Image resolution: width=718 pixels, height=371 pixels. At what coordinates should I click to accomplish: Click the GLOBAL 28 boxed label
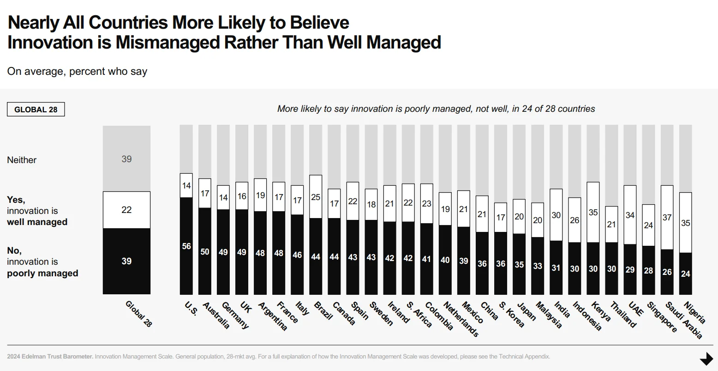36,109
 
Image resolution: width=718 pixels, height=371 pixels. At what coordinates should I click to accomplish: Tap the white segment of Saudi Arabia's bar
667,217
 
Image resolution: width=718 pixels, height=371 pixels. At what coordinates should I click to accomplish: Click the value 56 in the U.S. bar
186,246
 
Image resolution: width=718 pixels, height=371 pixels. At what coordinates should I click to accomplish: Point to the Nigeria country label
694,313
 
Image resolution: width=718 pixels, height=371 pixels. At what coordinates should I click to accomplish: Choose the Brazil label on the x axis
323,310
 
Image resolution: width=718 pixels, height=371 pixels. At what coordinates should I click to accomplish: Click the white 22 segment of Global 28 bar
126,210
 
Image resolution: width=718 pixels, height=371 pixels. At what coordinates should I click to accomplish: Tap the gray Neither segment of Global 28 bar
126,158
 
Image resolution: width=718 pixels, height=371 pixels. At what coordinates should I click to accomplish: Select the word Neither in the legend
22,160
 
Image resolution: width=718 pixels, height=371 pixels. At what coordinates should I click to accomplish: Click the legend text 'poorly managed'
42,273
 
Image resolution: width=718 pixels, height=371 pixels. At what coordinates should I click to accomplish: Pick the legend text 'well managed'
37,222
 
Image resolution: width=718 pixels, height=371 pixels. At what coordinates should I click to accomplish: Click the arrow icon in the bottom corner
706,359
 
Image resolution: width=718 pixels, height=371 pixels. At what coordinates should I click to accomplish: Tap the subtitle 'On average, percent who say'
77,71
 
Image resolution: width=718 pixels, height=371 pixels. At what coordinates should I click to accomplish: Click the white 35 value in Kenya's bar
593,213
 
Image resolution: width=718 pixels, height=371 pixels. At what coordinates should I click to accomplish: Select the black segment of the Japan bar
519,264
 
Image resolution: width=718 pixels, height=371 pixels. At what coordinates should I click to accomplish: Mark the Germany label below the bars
235,316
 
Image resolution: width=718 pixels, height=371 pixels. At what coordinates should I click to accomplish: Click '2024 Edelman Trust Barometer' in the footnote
50,357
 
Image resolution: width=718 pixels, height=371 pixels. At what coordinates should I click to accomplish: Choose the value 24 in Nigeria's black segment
685,274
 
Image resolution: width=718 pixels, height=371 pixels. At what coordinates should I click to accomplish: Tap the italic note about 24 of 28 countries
436,109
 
